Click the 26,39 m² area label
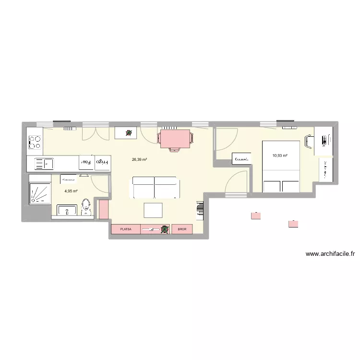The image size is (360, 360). pos(140,160)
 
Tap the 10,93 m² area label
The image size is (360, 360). pos(280,156)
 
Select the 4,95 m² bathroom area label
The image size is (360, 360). pos(71,191)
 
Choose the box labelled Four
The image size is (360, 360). pos(86,162)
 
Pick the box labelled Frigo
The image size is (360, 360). pos(103,162)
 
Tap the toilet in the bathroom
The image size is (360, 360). pos(86,208)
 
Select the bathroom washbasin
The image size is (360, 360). pos(67,210)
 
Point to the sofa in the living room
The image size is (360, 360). pos(156,188)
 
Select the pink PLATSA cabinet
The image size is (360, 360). pos(126,229)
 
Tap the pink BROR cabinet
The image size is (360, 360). pos(182,229)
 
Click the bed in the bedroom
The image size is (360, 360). pos(281,166)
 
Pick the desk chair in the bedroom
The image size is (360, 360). pos(309,141)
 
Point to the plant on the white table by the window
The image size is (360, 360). pos(129,133)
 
